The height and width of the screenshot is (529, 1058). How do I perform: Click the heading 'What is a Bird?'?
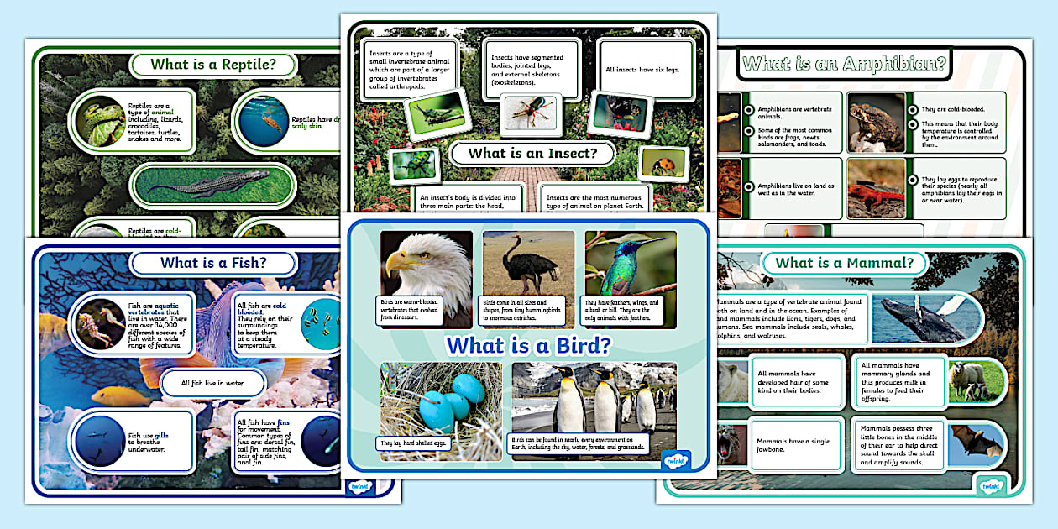click(528, 344)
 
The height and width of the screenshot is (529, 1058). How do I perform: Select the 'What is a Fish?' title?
click(213, 263)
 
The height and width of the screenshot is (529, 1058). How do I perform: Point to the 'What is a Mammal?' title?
click(844, 263)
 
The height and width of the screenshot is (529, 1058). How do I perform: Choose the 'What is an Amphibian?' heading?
click(844, 64)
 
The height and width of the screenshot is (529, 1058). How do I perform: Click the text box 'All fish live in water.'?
click(212, 383)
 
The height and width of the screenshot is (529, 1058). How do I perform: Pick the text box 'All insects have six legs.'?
click(642, 70)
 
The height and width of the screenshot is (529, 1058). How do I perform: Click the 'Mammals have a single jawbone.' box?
click(798, 445)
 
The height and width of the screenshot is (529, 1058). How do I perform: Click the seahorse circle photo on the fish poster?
click(99, 323)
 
